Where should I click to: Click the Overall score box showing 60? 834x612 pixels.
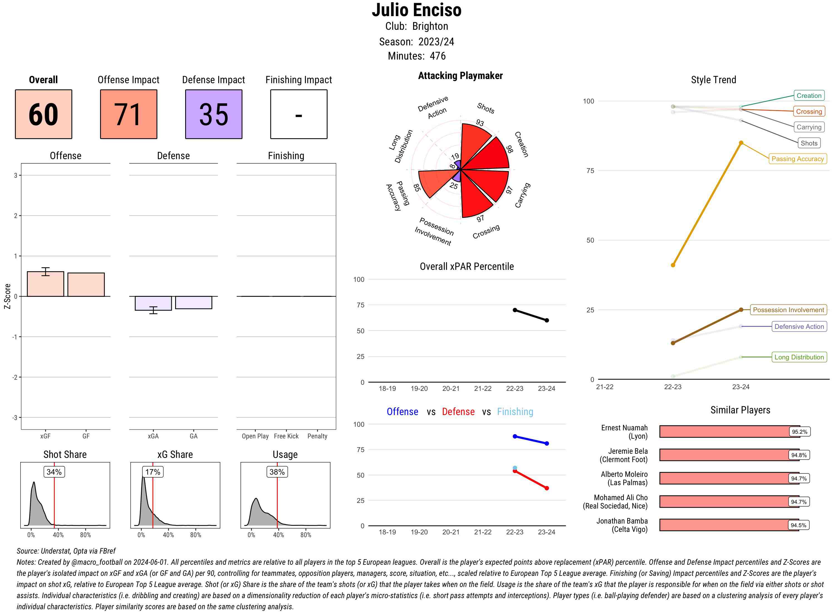tap(43, 114)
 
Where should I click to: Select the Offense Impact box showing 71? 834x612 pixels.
tap(128, 114)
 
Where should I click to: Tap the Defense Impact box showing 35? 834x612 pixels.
tap(214, 114)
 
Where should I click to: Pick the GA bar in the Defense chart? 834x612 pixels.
tap(193, 302)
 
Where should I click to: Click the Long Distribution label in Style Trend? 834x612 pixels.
tap(799, 357)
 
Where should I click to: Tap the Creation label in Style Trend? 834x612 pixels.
tap(809, 96)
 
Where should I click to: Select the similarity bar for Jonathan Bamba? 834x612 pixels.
tap(729, 525)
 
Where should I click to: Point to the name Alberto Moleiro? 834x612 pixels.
tap(624, 474)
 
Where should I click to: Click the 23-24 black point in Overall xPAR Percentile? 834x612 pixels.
tap(547, 320)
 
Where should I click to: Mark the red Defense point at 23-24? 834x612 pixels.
tap(547, 488)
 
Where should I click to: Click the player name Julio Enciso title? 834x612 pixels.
tap(417, 10)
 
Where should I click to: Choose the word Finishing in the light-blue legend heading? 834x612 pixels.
tap(515, 412)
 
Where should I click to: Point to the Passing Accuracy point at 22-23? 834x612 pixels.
tap(673, 265)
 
